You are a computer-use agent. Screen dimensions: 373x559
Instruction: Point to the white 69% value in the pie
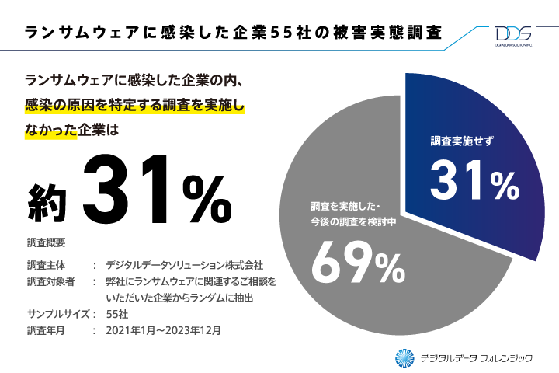[358, 265]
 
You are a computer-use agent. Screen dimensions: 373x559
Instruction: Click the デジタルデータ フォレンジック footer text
[476, 357]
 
